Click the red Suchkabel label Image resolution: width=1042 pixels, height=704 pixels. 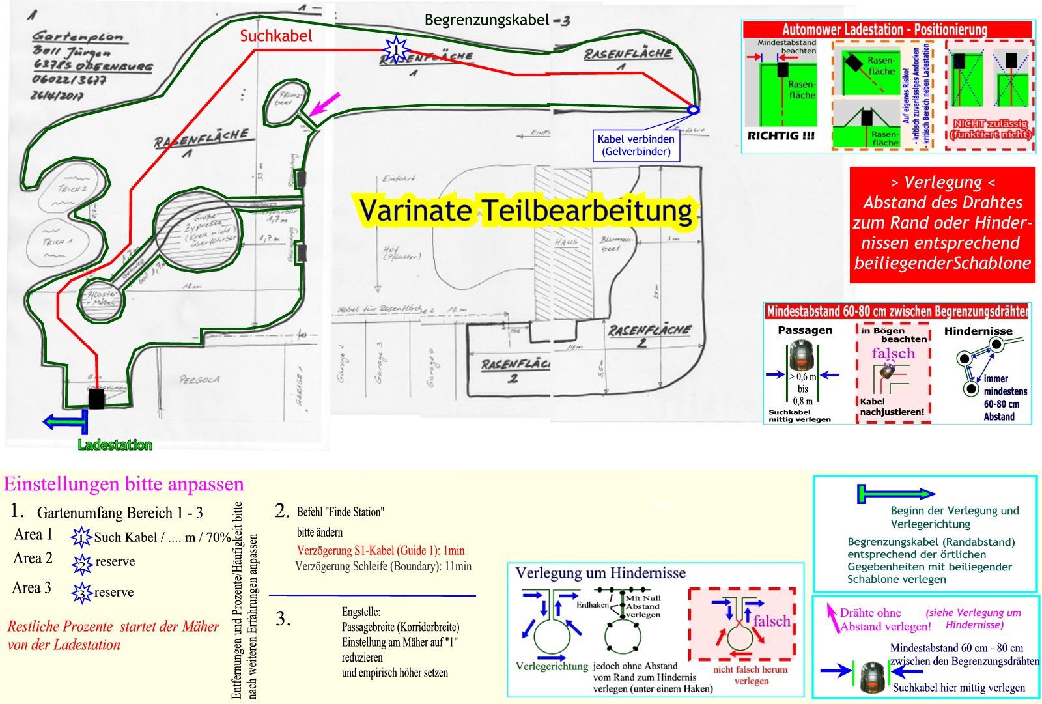click(276, 36)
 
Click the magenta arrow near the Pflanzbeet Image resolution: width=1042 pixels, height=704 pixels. click(324, 104)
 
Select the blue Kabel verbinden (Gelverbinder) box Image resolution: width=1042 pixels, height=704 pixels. click(636, 145)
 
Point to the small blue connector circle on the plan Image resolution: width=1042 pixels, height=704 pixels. click(694, 110)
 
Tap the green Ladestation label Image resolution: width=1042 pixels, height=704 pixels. click(115, 445)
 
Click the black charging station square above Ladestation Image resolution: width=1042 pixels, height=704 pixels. click(96, 399)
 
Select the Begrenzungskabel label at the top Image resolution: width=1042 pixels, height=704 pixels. click(497, 20)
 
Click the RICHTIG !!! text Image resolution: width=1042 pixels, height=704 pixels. click(781, 136)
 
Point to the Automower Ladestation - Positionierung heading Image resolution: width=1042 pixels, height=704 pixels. click(885, 29)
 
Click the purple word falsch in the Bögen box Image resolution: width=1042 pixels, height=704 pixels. click(894, 354)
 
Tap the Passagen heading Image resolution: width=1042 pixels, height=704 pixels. click(805, 330)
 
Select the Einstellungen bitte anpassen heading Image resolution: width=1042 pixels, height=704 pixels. click(124, 485)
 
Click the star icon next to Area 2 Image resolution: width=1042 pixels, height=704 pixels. click(82, 563)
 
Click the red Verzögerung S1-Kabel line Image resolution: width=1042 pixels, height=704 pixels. click(380, 550)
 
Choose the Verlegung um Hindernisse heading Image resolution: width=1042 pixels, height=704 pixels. click(600, 573)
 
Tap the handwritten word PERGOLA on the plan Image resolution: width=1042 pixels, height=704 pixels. click(199, 379)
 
